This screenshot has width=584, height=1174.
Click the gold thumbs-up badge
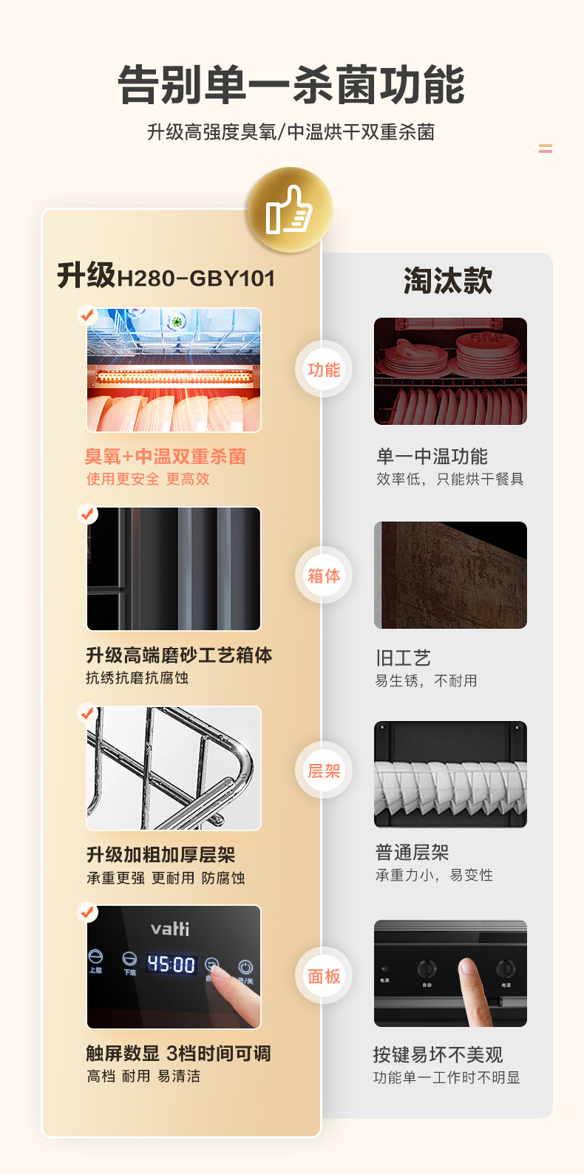[x=289, y=210]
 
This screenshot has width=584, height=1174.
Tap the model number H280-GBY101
[x=196, y=279]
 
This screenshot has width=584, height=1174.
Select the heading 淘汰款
[x=448, y=281]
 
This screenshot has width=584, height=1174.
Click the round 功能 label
[x=324, y=369]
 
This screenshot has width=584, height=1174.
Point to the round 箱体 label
[x=324, y=576]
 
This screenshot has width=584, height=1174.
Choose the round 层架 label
[x=324, y=771]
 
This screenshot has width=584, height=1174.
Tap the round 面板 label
[x=324, y=976]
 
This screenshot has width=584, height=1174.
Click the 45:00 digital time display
[x=172, y=963]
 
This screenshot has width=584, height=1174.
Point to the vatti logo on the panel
[x=170, y=929]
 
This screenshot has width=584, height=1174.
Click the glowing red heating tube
[x=174, y=376]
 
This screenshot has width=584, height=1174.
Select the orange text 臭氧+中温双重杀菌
[x=165, y=457]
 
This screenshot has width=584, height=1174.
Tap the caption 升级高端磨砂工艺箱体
[x=180, y=655]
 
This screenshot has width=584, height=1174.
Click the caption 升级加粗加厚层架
[x=161, y=854]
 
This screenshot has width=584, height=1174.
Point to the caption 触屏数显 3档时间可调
[x=179, y=1053]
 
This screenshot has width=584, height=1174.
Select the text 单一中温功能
[x=432, y=457]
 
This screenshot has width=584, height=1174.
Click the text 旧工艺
[x=403, y=658]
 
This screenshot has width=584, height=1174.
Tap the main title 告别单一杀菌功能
[x=291, y=85]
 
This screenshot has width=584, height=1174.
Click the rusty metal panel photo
[x=450, y=575]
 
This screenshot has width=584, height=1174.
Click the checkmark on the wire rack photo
[x=87, y=713]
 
